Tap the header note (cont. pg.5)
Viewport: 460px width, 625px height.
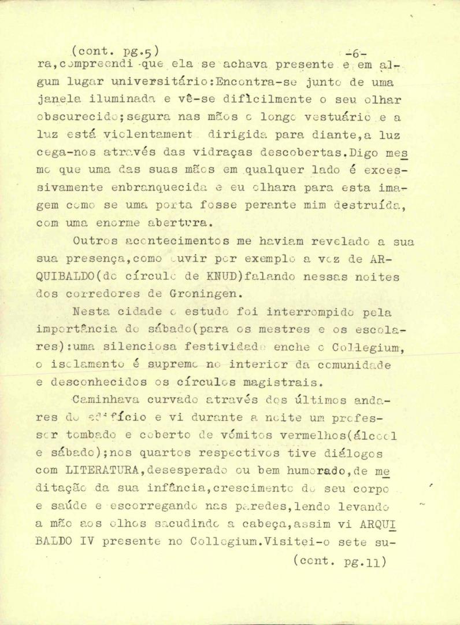coord(113,50)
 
